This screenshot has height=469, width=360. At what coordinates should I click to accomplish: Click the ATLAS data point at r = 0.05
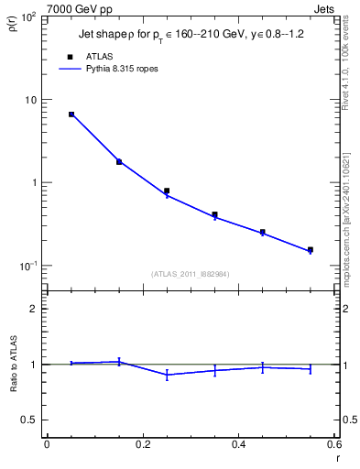71,115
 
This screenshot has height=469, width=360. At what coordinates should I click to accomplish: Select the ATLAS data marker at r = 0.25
167,191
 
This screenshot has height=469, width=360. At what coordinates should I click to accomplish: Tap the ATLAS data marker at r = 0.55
311,249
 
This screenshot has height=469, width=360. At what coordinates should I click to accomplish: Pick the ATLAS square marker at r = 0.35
214,214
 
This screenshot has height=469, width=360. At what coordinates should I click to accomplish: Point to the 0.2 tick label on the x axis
142,445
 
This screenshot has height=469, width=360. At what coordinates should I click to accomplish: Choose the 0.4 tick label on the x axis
238,445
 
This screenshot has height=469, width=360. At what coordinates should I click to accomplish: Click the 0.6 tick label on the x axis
333,445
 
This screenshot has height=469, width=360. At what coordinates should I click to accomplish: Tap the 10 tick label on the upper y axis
30,99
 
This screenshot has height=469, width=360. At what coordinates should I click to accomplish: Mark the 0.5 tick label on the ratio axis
29,420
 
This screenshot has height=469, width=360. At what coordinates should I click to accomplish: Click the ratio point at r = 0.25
167,375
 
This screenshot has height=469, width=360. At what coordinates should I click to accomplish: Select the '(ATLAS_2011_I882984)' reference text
190,274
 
